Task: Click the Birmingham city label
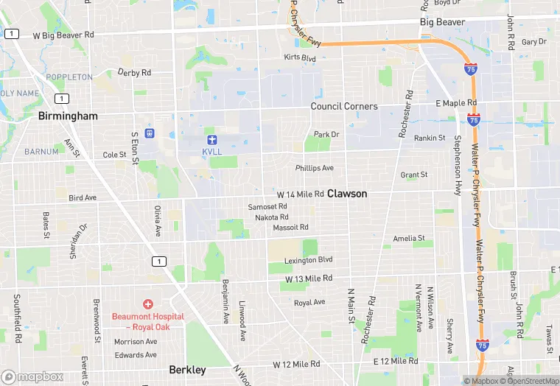point(68,116)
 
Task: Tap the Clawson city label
point(347,194)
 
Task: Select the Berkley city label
point(187,370)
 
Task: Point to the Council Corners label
point(344,107)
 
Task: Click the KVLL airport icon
point(212,139)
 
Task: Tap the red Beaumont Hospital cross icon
point(148,304)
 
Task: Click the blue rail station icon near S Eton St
point(150,133)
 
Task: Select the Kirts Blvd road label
point(300,57)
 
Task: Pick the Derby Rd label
point(134,73)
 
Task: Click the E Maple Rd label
point(456,102)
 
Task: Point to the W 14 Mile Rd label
point(300,194)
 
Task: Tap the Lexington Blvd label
point(309,260)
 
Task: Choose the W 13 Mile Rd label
point(309,278)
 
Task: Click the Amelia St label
point(409,239)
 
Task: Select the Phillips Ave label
point(315,168)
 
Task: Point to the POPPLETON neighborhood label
point(69,77)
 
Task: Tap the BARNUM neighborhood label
point(41,152)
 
